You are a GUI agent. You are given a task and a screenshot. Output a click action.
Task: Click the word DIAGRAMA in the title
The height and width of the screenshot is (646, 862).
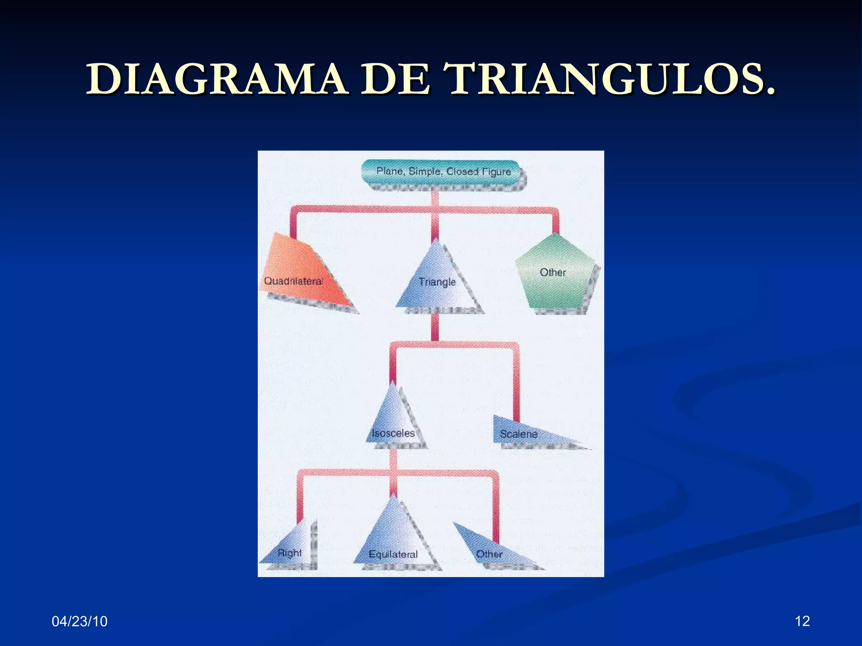(x=217, y=79)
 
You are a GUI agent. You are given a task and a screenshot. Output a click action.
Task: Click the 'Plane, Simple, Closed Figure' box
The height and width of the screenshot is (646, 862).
(x=440, y=172)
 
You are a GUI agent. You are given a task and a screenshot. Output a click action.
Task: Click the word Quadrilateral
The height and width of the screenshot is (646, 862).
(x=293, y=281)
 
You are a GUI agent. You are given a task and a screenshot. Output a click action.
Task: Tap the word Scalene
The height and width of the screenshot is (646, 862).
(x=519, y=434)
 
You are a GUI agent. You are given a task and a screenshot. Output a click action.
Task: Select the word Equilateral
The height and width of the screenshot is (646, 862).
(x=393, y=554)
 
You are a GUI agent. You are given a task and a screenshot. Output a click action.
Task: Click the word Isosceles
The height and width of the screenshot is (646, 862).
(x=393, y=433)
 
